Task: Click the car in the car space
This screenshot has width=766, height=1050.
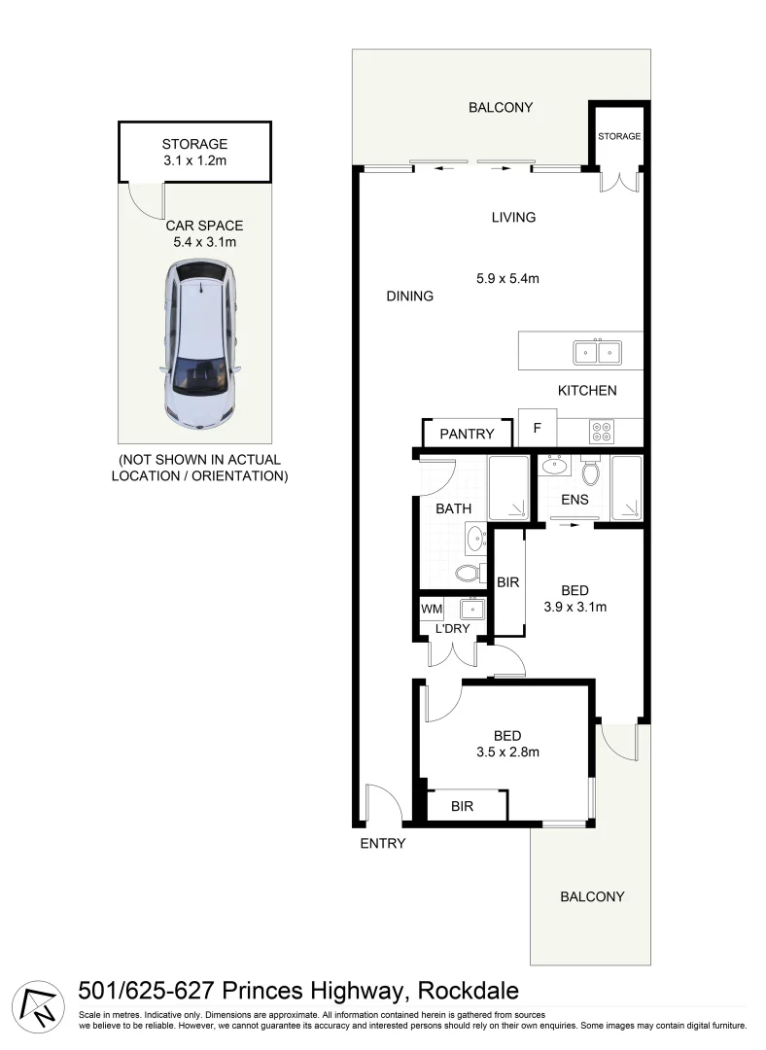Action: tap(200, 344)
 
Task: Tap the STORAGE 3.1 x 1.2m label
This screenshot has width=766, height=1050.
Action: tap(194, 152)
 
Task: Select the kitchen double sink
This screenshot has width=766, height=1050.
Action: tap(597, 352)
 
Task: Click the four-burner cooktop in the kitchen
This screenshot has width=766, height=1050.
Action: tap(599, 430)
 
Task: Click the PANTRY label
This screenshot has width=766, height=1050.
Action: tap(467, 434)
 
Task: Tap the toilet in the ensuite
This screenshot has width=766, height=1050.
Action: tap(590, 472)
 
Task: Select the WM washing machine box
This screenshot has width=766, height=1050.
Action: tap(432, 610)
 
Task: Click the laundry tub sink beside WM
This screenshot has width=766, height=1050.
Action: tap(472, 610)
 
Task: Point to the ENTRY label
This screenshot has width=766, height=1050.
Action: tap(382, 843)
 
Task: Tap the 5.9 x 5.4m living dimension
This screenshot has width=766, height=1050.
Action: tap(507, 278)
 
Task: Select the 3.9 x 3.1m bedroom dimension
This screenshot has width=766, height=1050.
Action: tap(574, 608)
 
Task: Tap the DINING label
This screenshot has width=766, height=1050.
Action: tap(409, 296)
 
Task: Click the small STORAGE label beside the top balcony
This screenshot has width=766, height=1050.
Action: tap(619, 136)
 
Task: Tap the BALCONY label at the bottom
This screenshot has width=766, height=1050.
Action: tap(592, 896)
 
